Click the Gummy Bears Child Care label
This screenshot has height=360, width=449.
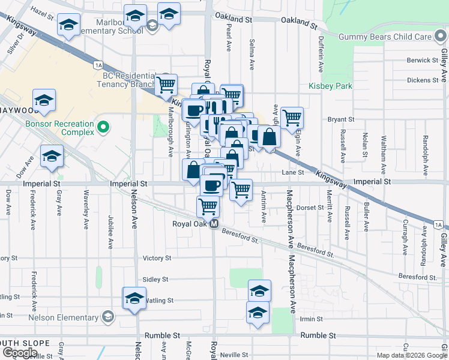coord(385,37)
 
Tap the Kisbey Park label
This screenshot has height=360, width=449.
coord(330,86)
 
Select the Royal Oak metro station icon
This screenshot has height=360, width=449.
coord(214,224)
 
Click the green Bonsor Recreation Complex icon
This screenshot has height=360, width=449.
coord(103,127)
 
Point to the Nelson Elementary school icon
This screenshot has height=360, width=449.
coord(107,316)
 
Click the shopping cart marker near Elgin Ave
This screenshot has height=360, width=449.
coord(292,118)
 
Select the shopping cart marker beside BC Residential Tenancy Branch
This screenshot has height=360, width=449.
coord(166,84)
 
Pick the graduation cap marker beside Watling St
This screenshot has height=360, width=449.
coord(134,298)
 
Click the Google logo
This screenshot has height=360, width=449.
coord(20,353)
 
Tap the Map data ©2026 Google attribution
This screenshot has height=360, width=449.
coord(412,355)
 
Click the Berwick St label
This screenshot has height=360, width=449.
coord(423,61)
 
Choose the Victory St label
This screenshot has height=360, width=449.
coord(157,258)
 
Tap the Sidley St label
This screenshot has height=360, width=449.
coord(155,280)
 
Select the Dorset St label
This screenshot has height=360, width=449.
coord(310,208)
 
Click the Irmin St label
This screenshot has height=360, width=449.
coord(312,319)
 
